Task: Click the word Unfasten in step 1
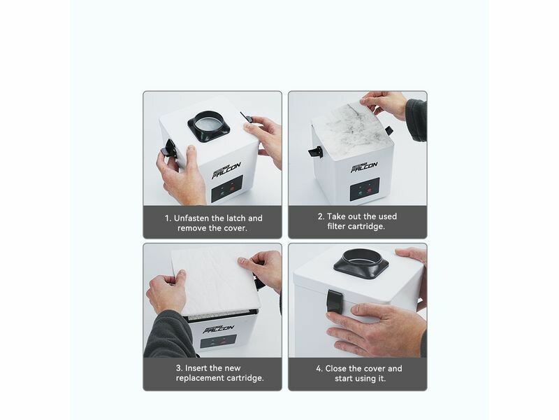pyautogui.click(x=191, y=218)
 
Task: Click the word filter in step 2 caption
pyautogui.click(x=336, y=226)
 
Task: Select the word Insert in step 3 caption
pyautogui.click(x=196, y=368)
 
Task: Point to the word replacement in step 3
pyautogui.click(x=201, y=378)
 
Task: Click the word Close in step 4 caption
pyautogui.click(x=336, y=368)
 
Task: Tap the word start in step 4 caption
pyautogui.click(x=344, y=378)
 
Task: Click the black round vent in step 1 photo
pyautogui.click(x=208, y=126)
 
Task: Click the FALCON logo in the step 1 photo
pyautogui.click(x=226, y=170)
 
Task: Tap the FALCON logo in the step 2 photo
pyautogui.click(x=364, y=167)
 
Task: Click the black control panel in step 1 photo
pyautogui.click(x=227, y=189)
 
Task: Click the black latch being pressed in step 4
pyautogui.click(x=335, y=301)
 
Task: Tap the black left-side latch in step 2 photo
pyautogui.click(x=316, y=152)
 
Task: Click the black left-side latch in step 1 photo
pyautogui.click(x=168, y=148)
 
